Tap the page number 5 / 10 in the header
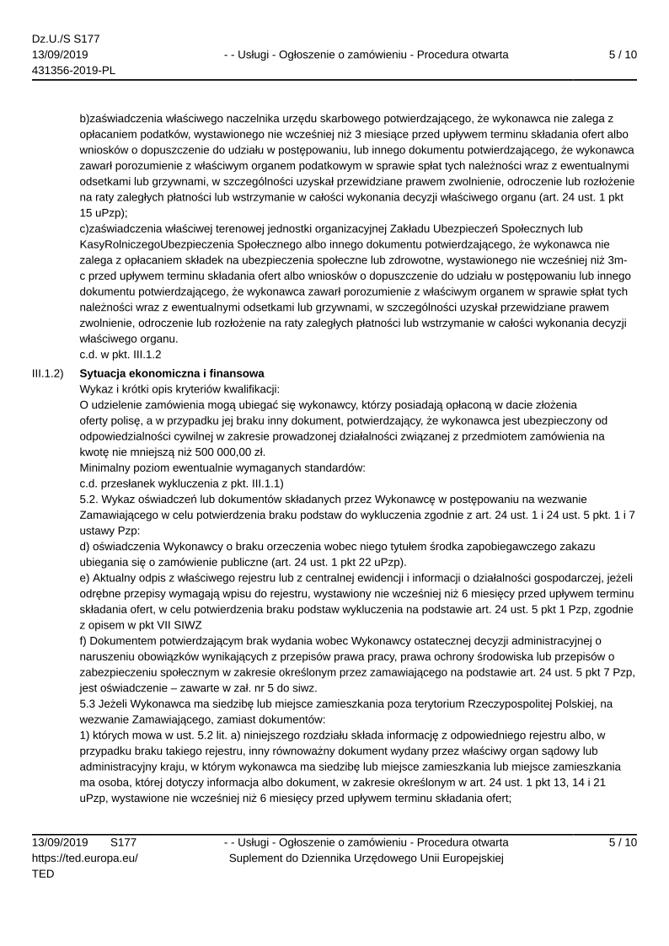[x=622, y=55]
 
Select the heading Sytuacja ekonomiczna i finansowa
[x=172, y=373]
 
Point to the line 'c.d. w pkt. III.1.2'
[x=120, y=355]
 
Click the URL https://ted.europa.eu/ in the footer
[x=85, y=858]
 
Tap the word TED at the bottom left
[x=43, y=874]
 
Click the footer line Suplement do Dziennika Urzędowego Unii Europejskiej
[x=366, y=858]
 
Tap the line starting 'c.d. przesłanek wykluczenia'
[x=181, y=483]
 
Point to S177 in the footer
[x=124, y=842]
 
